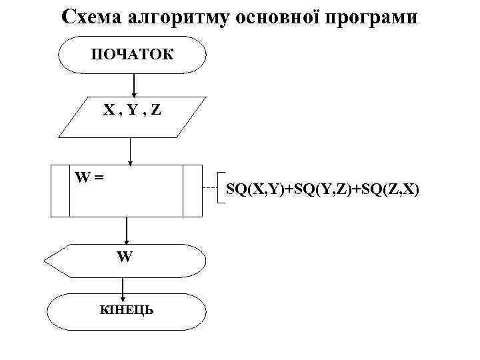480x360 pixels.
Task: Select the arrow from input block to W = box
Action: [x=131, y=150]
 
